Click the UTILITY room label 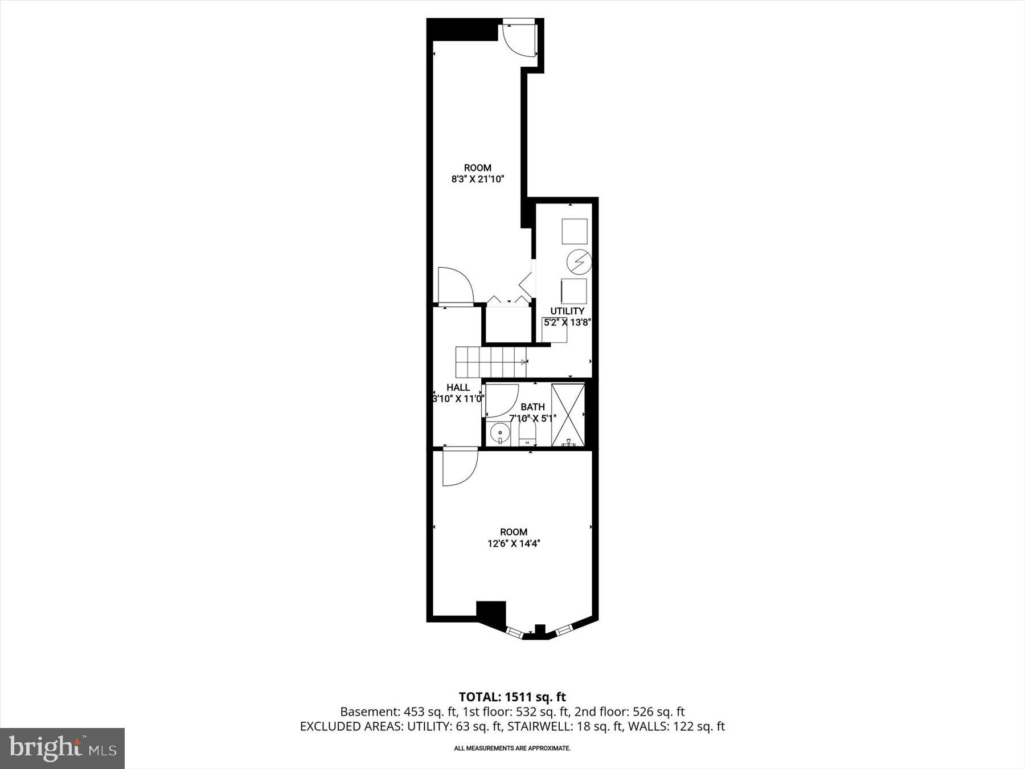pos(567,311)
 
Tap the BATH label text pos(532,407)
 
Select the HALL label pos(458,388)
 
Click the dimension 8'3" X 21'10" pos(478,179)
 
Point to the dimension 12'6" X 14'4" pos(513,543)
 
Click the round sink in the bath pos(501,433)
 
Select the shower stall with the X pos(568,414)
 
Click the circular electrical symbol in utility pos(579,262)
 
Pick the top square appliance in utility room pos(574,231)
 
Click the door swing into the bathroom pos(500,401)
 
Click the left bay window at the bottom pos(514,632)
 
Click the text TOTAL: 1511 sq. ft pos(512,697)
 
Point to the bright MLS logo pos(62,748)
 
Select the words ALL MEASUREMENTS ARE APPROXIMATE pos(512,748)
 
